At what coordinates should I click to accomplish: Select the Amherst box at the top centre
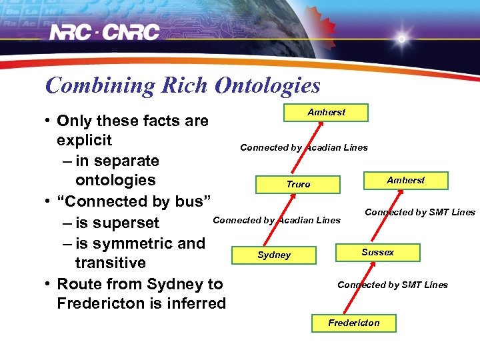tap(326, 112)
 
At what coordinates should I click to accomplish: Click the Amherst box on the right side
tap(405, 180)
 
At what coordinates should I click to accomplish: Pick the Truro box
tap(298, 184)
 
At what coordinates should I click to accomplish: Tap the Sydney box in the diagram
tap(274, 255)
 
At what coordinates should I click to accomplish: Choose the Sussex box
tap(377, 252)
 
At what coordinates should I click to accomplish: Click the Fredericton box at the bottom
tap(353, 323)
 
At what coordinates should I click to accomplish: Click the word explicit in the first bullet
tap(84, 141)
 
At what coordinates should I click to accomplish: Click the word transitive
tap(110, 263)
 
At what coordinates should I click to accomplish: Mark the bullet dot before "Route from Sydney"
tap(49, 284)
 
